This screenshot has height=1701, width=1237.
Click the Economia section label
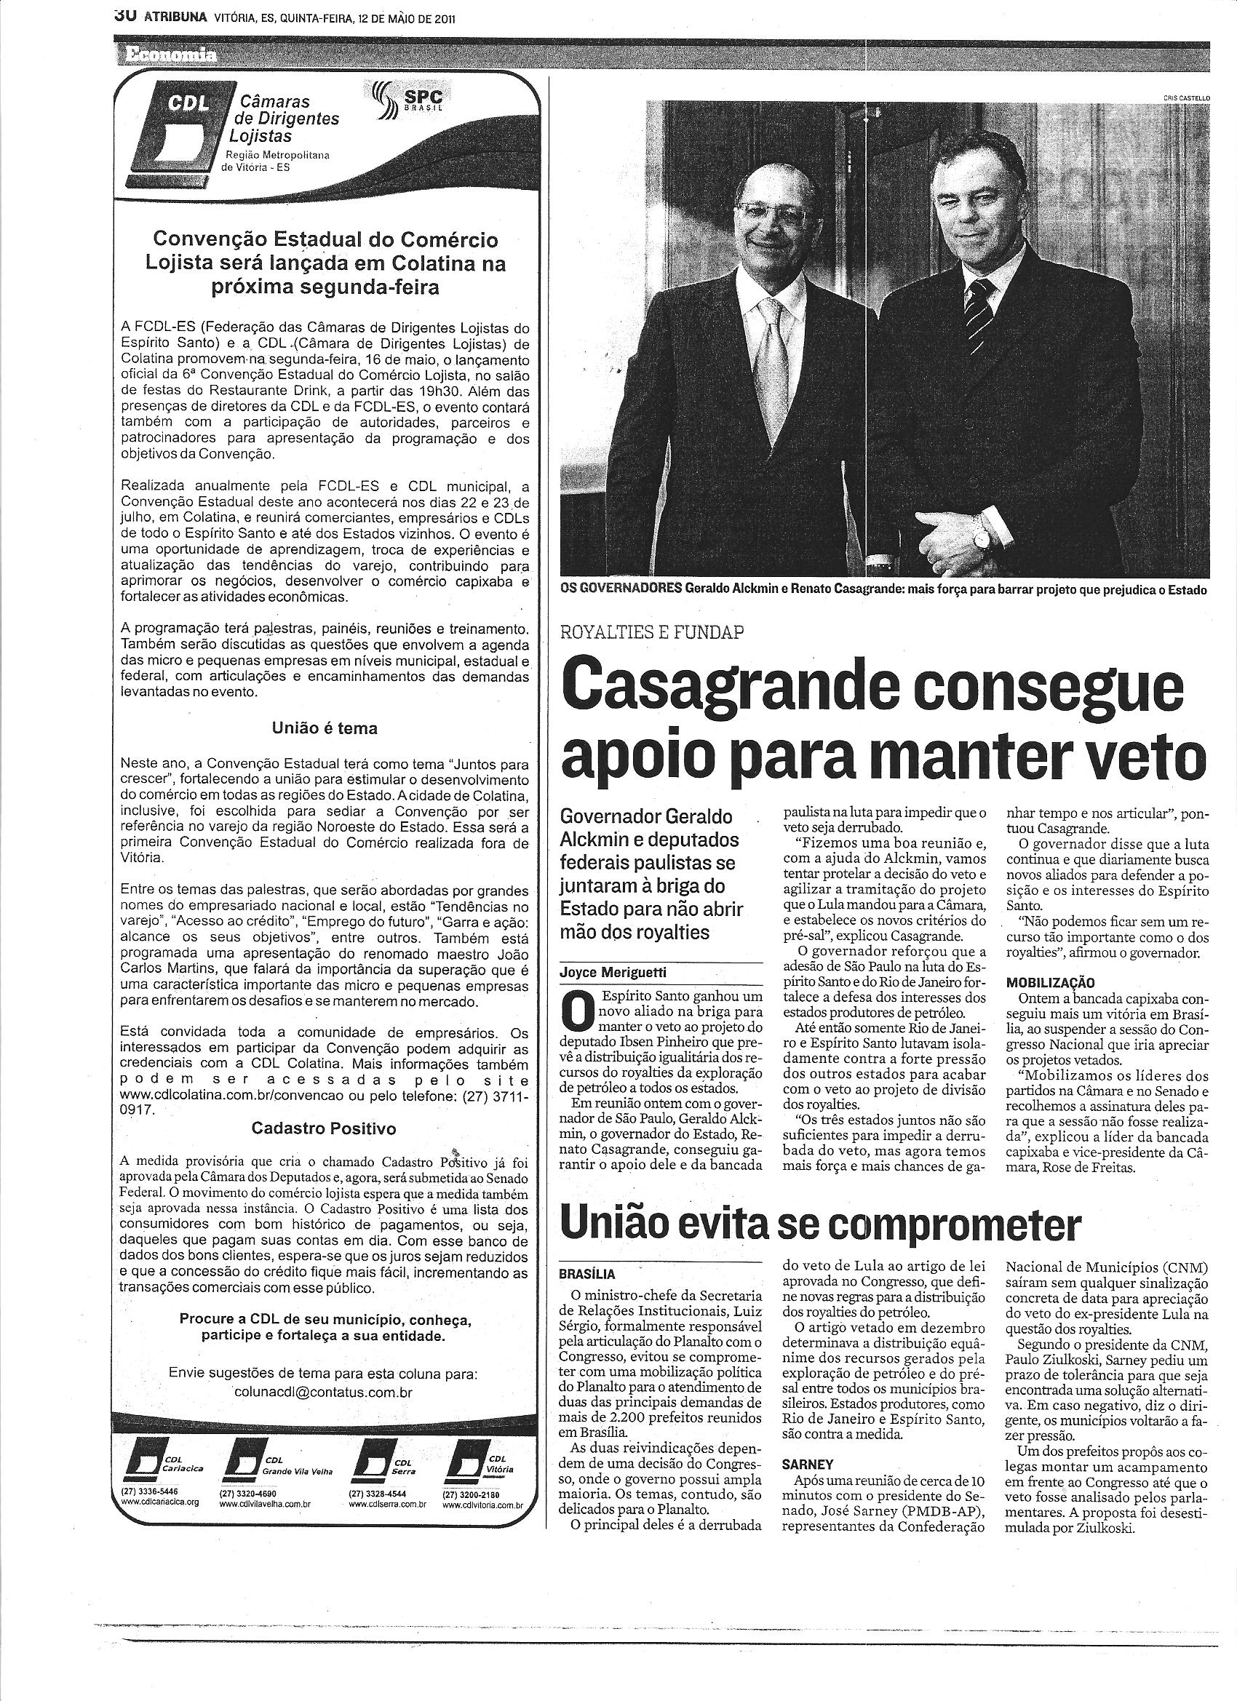click(x=161, y=55)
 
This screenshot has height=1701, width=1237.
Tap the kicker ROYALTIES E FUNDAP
click(x=652, y=632)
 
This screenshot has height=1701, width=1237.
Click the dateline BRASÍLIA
click(x=587, y=1273)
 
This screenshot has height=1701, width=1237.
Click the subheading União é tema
click(x=324, y=728)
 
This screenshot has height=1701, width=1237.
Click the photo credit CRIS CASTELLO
click(x=1186, y=97)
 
